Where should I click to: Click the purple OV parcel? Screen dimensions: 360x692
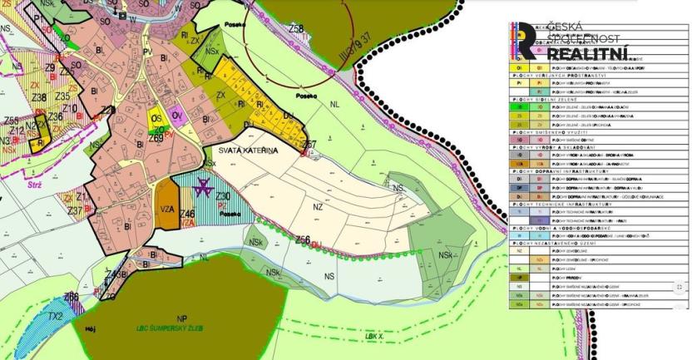pyautogui.click(x=176, y=116)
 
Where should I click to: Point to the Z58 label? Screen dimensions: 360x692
pyautogui.click(x=295, y=29)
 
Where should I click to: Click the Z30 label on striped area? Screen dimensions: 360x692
pyautogui.click(x=222, y=196)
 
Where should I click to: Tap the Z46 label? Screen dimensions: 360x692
pyautogui.click(x=187, y=215)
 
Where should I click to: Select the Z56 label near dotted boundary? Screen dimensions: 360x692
pyautogui.click(x=304, y=240)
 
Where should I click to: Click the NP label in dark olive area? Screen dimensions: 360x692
pyautogui.click(x=182, y=318)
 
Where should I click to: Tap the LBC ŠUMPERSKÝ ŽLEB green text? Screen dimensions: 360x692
pyautogui.click(x=176, y=328)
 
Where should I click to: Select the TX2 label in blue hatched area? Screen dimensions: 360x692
pyautogui.click(x=54, y=317)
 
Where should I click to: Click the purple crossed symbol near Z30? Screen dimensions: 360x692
pyautogui.click(x=200, y=190)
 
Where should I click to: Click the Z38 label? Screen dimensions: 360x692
pyautogui.click(x=38, y=97)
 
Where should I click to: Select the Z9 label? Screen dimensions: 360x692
pyautogui.click(x=50, y=68)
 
